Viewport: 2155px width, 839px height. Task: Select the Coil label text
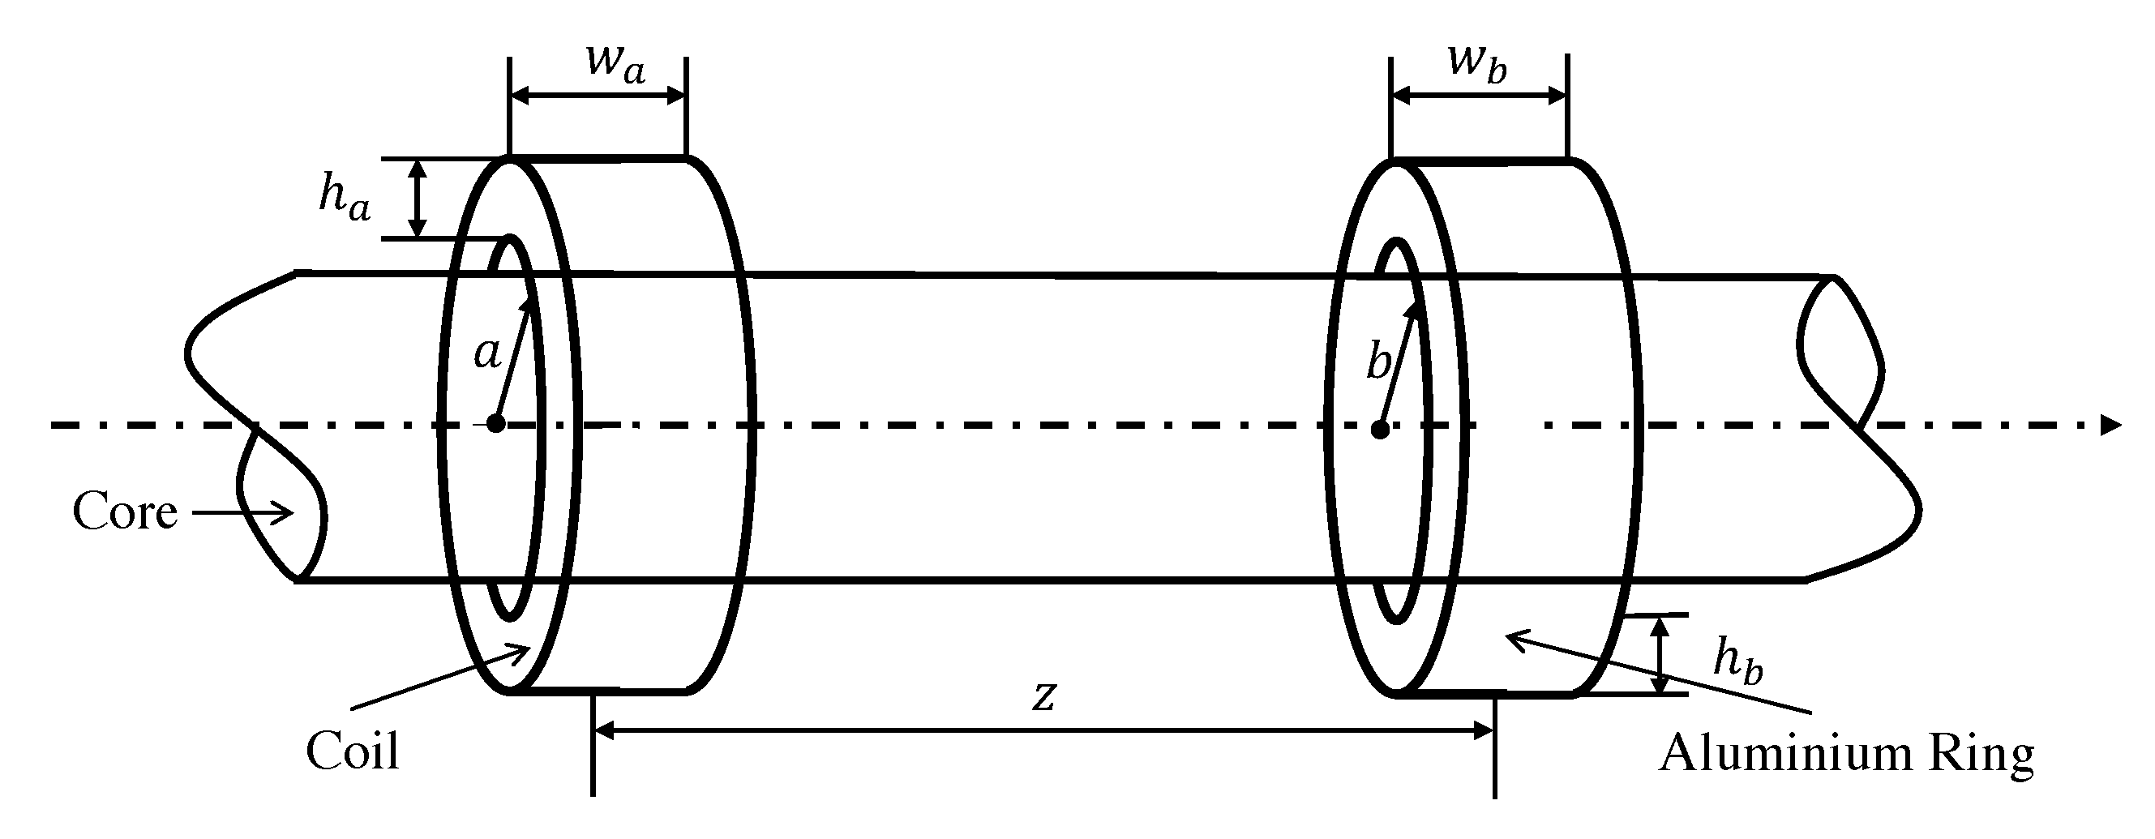pos(352,751)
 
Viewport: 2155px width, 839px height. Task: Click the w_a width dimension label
pos(615,62)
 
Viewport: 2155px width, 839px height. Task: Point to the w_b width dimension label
pos(1476,62)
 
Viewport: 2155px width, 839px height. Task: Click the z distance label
pos(1043,696)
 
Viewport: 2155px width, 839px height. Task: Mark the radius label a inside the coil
pos(488,353)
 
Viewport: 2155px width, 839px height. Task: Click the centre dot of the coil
pos(496,424)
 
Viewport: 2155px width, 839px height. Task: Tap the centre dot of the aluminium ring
pos(1381,430)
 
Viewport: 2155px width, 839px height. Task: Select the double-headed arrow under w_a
pos(598,96)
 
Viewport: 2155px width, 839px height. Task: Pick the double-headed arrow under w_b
pos(1478,96)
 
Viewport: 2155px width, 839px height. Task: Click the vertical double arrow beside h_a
pos(418,199)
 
